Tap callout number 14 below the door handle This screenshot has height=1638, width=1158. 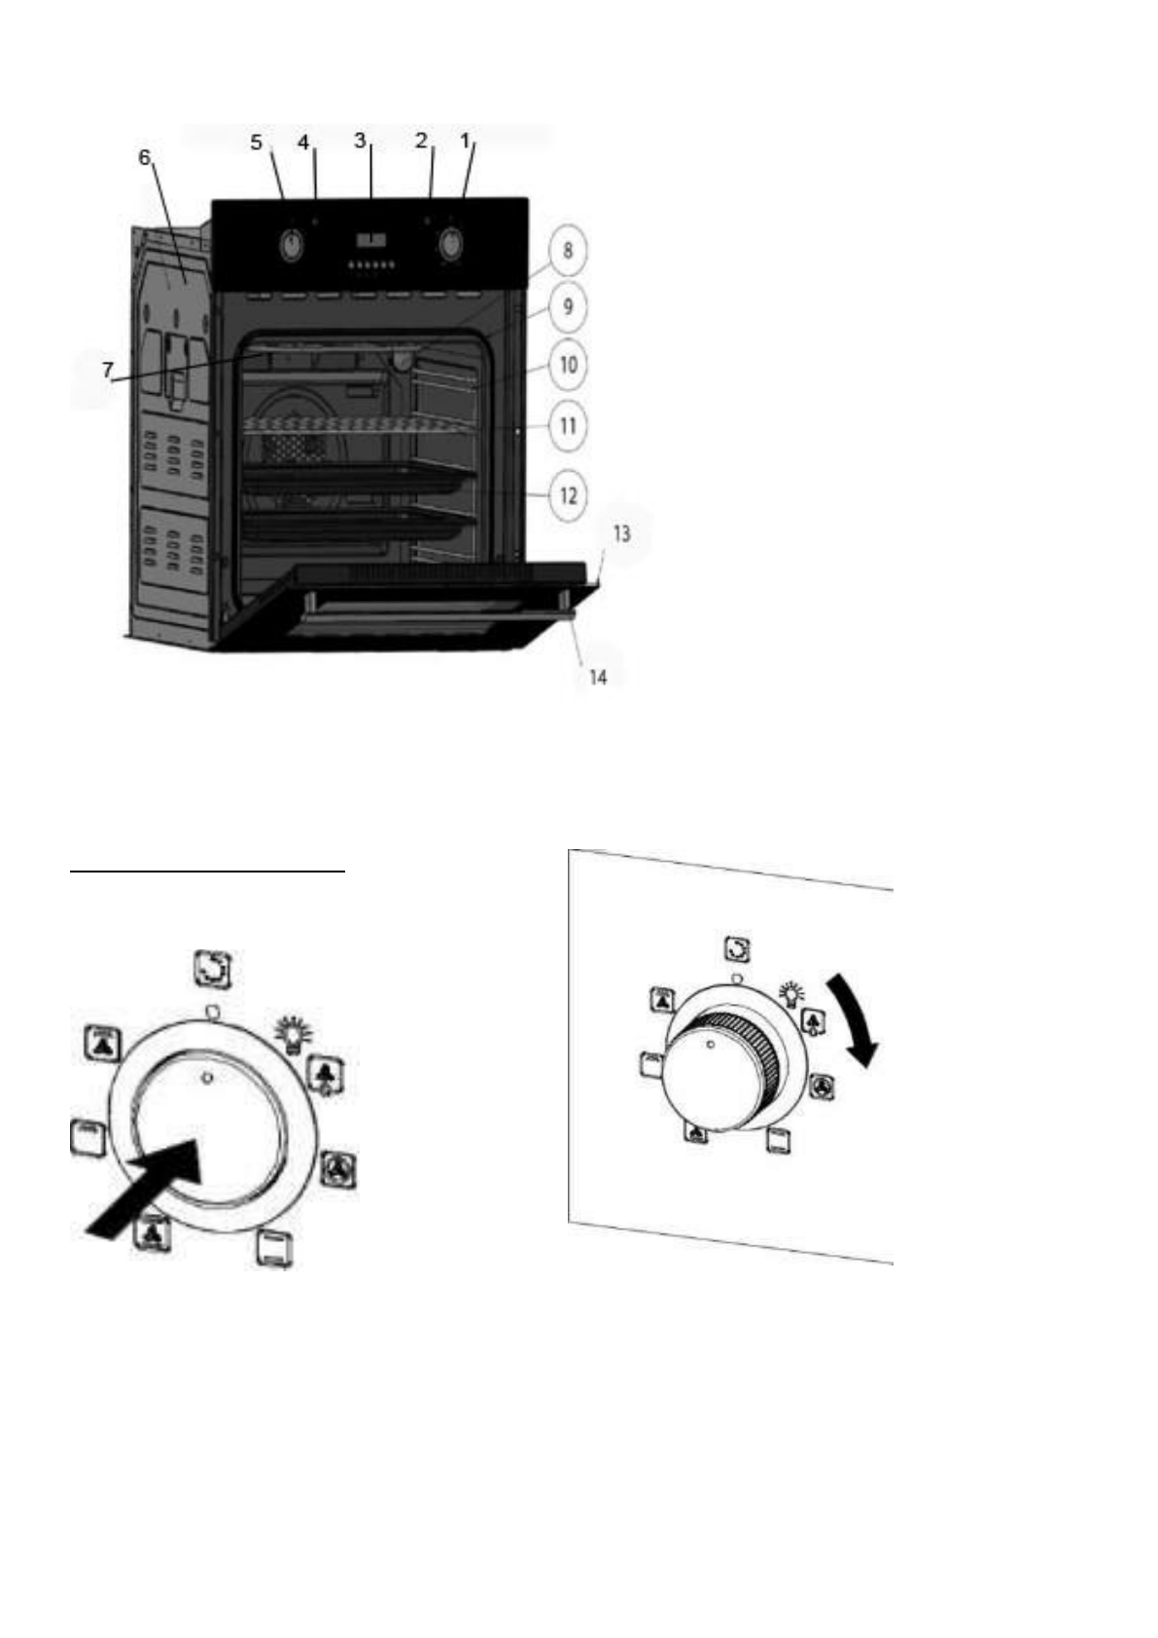pos(599,677)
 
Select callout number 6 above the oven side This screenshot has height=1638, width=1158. pos(145,157)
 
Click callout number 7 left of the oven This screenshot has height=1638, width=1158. pos(109,370)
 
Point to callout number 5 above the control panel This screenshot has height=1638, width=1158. pos(257,142)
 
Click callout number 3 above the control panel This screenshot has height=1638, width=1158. pos(361,140)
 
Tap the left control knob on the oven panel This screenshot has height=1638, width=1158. pos(290,244)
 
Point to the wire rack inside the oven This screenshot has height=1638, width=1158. pos(360,424)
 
